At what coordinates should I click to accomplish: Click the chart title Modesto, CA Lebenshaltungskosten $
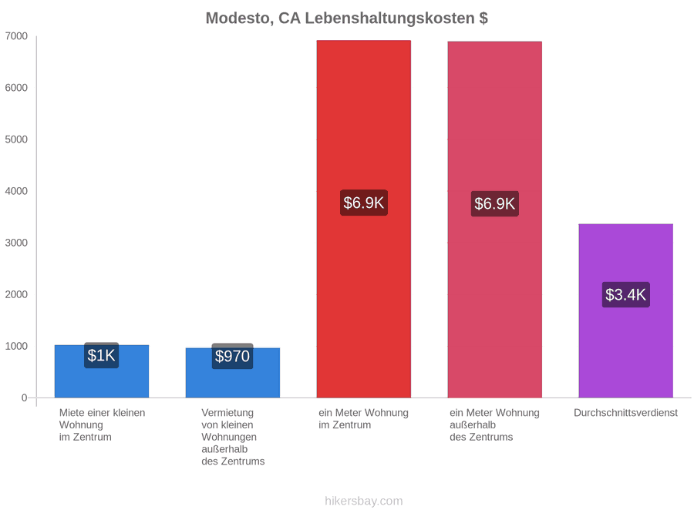346,18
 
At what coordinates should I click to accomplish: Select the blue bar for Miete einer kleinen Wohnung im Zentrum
102,371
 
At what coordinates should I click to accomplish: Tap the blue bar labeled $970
233,373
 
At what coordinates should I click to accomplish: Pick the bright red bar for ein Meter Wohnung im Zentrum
364,219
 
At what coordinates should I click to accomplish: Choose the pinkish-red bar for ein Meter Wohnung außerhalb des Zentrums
495,220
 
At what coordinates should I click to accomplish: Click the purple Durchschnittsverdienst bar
626,311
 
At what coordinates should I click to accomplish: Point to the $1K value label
101,355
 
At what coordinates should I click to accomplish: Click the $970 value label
232,356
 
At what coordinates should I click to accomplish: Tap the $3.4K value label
626,294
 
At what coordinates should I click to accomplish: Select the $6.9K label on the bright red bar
364,203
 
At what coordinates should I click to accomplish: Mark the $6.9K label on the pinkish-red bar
495,203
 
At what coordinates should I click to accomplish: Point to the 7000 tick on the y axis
16,35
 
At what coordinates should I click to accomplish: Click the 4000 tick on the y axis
16,191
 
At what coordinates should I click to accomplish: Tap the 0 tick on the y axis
25,398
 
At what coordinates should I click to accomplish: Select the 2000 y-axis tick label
16,294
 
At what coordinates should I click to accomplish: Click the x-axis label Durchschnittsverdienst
626,413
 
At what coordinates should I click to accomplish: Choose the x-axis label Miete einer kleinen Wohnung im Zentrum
103,425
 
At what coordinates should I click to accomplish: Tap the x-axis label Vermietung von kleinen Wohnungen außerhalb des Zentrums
233,437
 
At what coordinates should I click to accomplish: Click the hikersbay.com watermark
364,501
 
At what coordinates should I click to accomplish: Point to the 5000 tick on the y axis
16,139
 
